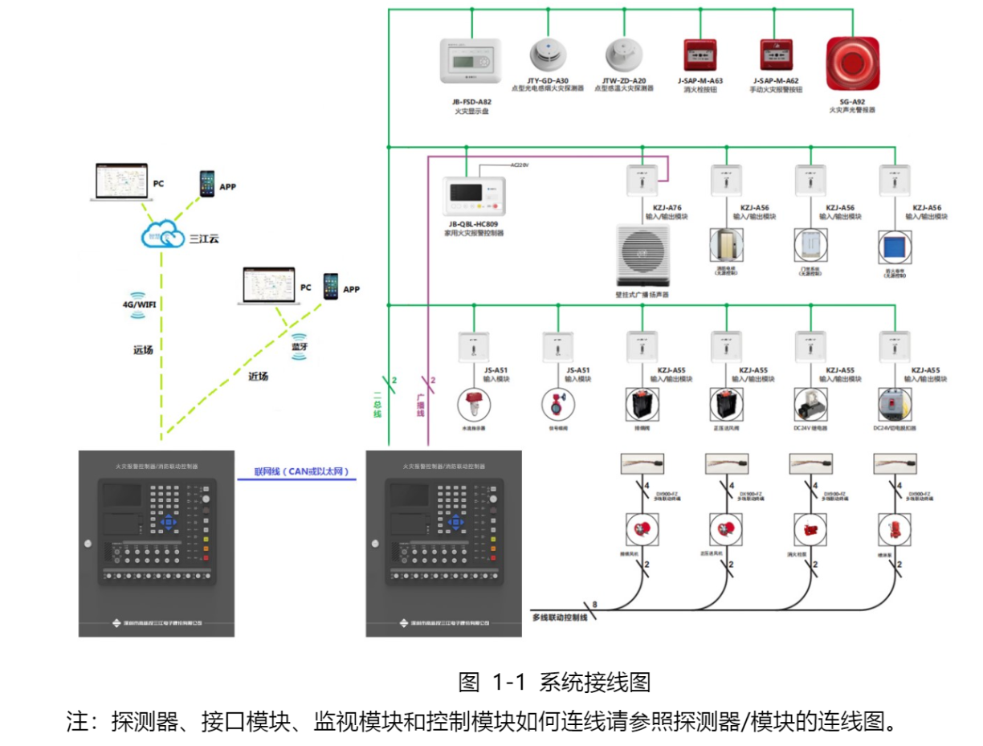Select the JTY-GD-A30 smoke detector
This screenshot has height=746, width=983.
(x=548, y=54)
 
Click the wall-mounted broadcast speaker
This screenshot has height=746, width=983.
(x=642, y=255)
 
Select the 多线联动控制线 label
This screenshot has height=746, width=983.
(x=560, y=618)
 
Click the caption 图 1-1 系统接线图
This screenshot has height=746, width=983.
(x=553, y=683)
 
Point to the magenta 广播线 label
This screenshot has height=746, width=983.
(x=420, y=402)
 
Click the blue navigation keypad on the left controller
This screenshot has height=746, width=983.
(x=168, y=522)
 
